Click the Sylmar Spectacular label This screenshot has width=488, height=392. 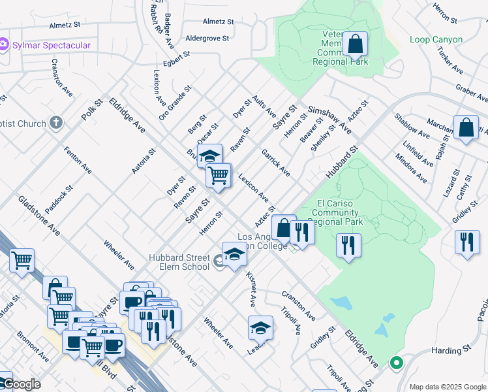tap(51, 45)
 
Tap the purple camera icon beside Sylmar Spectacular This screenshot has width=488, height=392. tap(4, 45)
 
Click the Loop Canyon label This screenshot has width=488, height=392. tap(436, 39)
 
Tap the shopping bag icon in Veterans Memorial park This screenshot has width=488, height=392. tap(356, 45)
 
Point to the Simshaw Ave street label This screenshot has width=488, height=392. tap(330, 119)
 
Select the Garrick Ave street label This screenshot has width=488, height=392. tap(275, 161)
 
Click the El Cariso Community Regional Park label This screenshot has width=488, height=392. tap(339, 212)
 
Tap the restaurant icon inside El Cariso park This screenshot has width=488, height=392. tap(348, 246)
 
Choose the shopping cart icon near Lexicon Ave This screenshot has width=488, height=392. tap(218, 174)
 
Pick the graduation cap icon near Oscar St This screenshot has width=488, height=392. tap(209, 156)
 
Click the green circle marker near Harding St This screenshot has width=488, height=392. tap(396, 363)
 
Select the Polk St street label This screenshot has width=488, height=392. tap(93, 109)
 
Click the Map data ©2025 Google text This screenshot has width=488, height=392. tap(447, 386)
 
